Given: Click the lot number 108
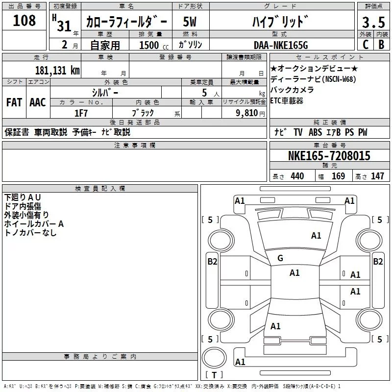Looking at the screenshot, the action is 24,21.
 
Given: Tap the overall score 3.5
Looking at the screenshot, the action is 373,23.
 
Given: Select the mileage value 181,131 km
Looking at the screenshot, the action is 57,70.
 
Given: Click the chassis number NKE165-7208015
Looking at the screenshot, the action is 329,156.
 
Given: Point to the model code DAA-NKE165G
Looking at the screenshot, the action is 280,45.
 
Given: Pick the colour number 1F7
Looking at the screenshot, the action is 81,113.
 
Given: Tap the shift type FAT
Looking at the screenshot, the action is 14,102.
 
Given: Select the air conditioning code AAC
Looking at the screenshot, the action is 38,102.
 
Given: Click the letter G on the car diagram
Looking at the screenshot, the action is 280,258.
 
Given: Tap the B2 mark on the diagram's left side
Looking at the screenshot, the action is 212,262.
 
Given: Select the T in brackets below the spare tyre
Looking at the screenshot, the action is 214,375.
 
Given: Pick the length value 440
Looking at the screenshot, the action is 297,176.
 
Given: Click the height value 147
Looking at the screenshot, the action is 377,176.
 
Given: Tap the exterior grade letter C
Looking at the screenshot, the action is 365,44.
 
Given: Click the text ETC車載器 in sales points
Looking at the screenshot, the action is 287,100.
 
